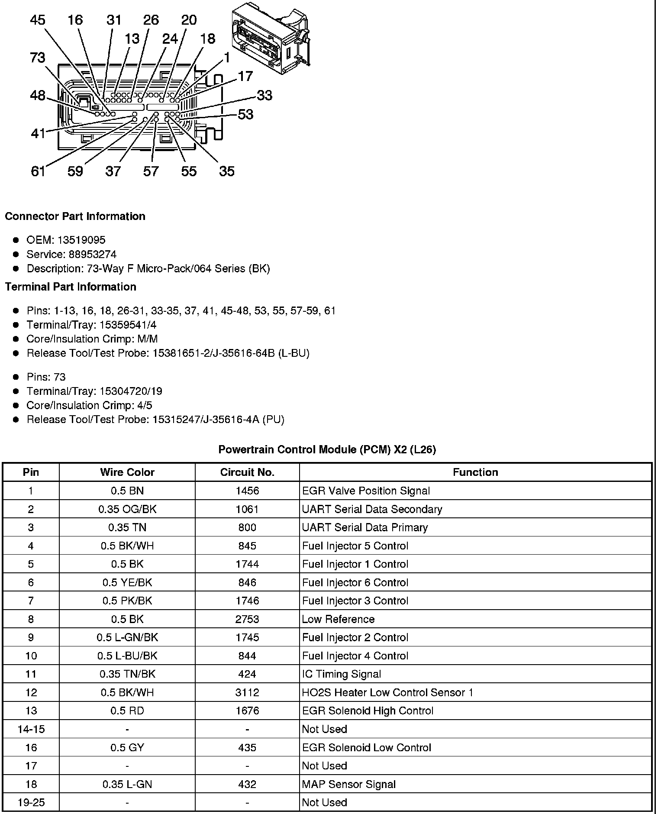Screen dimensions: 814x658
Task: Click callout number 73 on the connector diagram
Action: coord(38,58)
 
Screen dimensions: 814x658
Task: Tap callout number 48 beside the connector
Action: coord(38,95)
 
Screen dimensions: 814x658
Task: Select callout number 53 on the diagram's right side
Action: coord(245,114)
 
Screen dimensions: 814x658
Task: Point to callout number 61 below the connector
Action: coord(38,171)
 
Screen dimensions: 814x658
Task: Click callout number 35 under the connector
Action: coord(227,171)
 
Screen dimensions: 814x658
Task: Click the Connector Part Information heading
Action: coord(75,216)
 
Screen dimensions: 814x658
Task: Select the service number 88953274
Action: coord(93,254)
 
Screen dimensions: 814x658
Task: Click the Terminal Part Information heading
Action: coord(71,287)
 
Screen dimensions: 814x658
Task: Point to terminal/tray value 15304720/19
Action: coord(131,391)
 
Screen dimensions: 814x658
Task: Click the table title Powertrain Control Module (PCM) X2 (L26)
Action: coord(327,449)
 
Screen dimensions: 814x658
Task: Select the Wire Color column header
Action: coord(127,472)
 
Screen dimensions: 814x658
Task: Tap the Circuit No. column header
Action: coord(247,472)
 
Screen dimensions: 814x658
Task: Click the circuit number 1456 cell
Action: coord(247,491)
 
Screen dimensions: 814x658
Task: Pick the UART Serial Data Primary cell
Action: coord(365,527)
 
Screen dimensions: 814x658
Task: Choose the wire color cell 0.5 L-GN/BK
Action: coord(127,637)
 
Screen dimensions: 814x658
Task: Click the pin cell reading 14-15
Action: coord(31,729)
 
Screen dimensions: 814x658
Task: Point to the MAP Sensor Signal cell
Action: coord(349,784)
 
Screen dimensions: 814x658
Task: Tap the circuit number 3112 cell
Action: coord(247,692)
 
